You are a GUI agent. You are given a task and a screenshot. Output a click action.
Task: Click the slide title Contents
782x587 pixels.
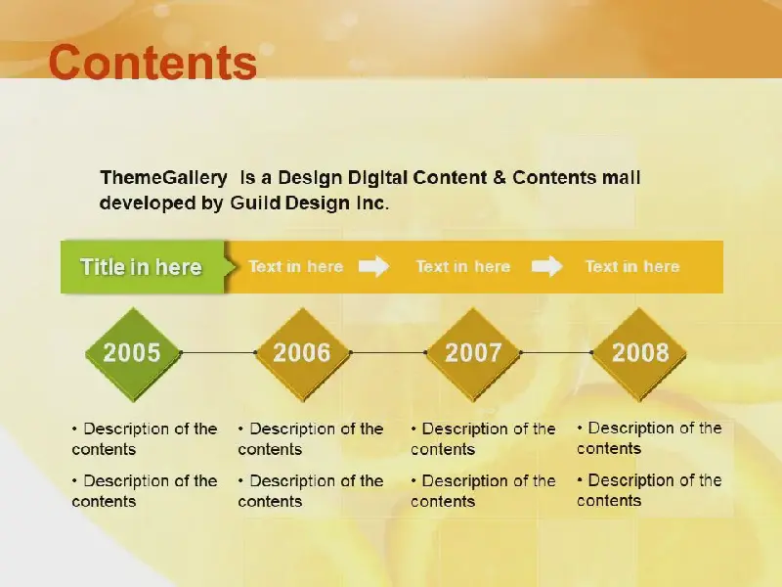152,62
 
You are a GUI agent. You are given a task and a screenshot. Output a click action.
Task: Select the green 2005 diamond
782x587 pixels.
132,354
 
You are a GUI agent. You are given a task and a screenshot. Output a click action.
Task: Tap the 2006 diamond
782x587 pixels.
302,354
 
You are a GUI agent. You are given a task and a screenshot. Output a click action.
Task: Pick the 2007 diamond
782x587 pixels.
473,354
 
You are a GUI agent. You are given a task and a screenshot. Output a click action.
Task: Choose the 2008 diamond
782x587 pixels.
640,354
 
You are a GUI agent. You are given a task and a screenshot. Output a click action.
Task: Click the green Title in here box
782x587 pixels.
144,267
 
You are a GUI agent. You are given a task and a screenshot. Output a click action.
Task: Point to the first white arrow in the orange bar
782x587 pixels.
374,266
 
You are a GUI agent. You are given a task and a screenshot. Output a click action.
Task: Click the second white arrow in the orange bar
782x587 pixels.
546,266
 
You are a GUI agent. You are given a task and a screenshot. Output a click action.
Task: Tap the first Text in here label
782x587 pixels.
296,266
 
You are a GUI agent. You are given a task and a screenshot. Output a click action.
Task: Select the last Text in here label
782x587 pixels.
632,266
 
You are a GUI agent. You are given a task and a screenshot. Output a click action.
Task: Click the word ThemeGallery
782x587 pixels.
163,178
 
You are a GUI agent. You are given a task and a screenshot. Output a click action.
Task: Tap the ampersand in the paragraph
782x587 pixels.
500,178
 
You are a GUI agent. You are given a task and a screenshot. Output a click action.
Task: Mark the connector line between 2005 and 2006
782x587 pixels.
218,352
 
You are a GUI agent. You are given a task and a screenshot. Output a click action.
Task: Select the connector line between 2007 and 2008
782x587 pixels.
556,352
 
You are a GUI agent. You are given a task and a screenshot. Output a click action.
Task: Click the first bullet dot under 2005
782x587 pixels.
75,429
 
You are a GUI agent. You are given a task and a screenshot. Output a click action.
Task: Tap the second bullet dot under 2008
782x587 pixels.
580,480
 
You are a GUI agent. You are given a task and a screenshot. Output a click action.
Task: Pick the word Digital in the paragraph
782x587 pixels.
377,178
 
